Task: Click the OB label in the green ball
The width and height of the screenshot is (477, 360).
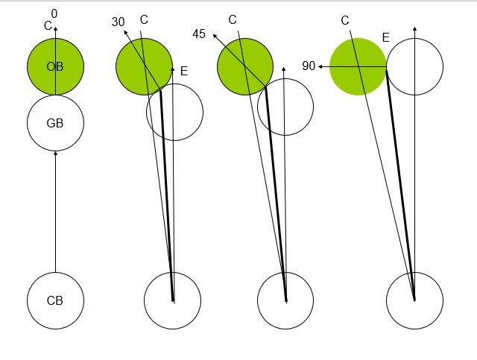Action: click(x=55, y=66)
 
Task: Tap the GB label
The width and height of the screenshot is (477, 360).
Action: click(x=55, y=123)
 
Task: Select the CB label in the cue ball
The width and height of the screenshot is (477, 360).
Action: click(x=55, y=300)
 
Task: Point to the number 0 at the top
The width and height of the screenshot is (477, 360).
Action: click(x=54, y=13)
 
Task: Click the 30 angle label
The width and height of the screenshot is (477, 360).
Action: click(x=118, y=22)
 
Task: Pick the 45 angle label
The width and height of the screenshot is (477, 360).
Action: click(x=199, y=34)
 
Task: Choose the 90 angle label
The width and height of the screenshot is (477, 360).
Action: click(x=309, y=66)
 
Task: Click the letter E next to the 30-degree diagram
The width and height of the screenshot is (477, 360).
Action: click(x=184, y=72)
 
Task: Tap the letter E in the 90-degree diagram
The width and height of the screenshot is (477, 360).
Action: click(x=385, y=38)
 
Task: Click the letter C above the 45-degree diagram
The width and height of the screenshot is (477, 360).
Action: click(x=233, y=20)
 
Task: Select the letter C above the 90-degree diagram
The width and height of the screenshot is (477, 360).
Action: click(x=345, y=21)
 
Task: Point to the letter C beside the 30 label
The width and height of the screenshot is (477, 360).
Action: click(x=144, y=20)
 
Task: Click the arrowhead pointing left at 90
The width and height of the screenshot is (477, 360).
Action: click(x=320, y=66)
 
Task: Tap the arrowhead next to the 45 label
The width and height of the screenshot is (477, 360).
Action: click(x=215, y=37)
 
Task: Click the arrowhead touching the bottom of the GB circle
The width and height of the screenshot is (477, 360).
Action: click(x=55, y=154)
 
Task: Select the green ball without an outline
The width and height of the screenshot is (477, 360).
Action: click(x=358, y=66)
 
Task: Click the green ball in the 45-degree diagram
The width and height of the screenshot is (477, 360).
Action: click(x=245, y=66)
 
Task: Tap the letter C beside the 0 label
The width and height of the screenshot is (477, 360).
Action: click(x=48, y=26)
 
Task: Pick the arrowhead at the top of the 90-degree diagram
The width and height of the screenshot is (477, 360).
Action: click(x=415, y=28)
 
